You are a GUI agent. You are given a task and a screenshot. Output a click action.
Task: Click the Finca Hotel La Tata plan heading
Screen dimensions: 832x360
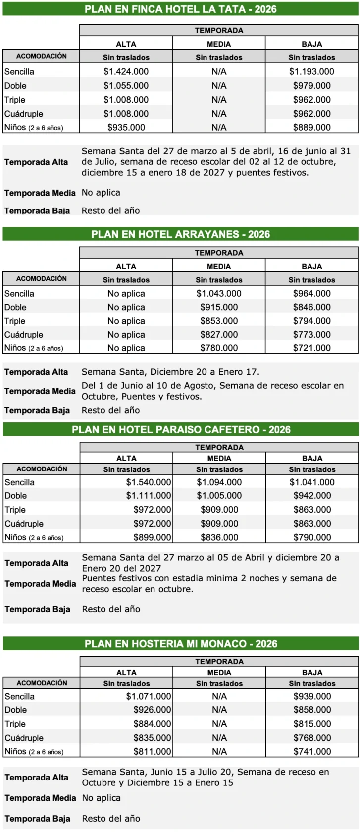pos(180,9)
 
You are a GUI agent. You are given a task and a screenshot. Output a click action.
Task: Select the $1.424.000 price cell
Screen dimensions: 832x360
pos(126,72)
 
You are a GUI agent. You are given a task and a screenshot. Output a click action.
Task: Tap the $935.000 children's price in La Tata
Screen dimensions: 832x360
pos(126,128)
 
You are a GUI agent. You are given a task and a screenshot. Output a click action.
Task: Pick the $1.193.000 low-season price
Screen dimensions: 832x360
pos(311,72)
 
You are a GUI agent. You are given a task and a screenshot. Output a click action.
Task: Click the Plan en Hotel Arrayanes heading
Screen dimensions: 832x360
pos(180,234)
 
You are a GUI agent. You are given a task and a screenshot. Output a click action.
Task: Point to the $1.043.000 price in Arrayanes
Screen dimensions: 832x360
pos(219,294)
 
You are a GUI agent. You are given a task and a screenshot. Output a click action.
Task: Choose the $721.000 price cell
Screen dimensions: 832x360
pos(311,348)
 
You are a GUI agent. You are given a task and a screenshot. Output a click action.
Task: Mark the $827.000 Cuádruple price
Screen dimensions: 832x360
pos(219,335)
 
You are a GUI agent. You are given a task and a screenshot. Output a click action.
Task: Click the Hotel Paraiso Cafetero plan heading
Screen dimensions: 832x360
pos(181,430)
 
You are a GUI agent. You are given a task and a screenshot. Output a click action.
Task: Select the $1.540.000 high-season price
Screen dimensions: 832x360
pos(149,482)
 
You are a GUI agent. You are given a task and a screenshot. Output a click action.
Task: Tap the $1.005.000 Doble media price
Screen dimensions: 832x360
pos(219,496)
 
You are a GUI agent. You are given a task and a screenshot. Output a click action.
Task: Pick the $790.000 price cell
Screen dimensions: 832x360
pos(312,537)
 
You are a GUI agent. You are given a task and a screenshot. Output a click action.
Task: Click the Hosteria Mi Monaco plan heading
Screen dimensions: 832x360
pos(181,644)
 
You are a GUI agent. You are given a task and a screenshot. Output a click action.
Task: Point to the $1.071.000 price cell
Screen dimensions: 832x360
pos(149,696)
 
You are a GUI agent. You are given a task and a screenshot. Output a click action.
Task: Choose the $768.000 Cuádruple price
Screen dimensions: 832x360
pos(312,738)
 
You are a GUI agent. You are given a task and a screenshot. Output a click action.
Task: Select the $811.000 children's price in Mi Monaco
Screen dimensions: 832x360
pos(152,751)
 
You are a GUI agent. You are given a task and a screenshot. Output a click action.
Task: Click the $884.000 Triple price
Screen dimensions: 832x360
pos(152,724)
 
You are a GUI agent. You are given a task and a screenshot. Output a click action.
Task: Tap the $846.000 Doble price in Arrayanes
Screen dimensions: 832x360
pos(311,307)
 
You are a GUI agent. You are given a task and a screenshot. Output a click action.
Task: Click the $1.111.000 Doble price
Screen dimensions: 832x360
pos(149,496)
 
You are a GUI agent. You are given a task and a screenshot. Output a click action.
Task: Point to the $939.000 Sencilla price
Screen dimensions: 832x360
pos(312,696)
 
